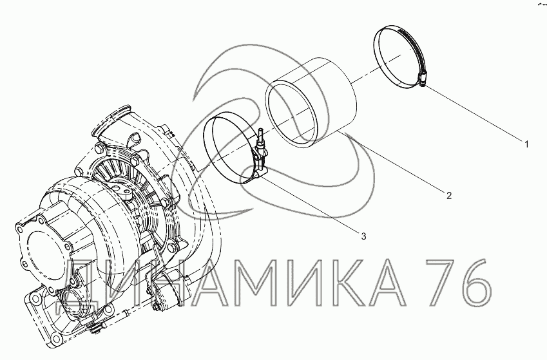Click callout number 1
point(527,144)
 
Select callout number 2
point(449,195)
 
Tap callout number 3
point(363,236)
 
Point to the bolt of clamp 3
point(260,140)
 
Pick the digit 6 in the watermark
point(474,282)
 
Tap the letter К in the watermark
point(336,282)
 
